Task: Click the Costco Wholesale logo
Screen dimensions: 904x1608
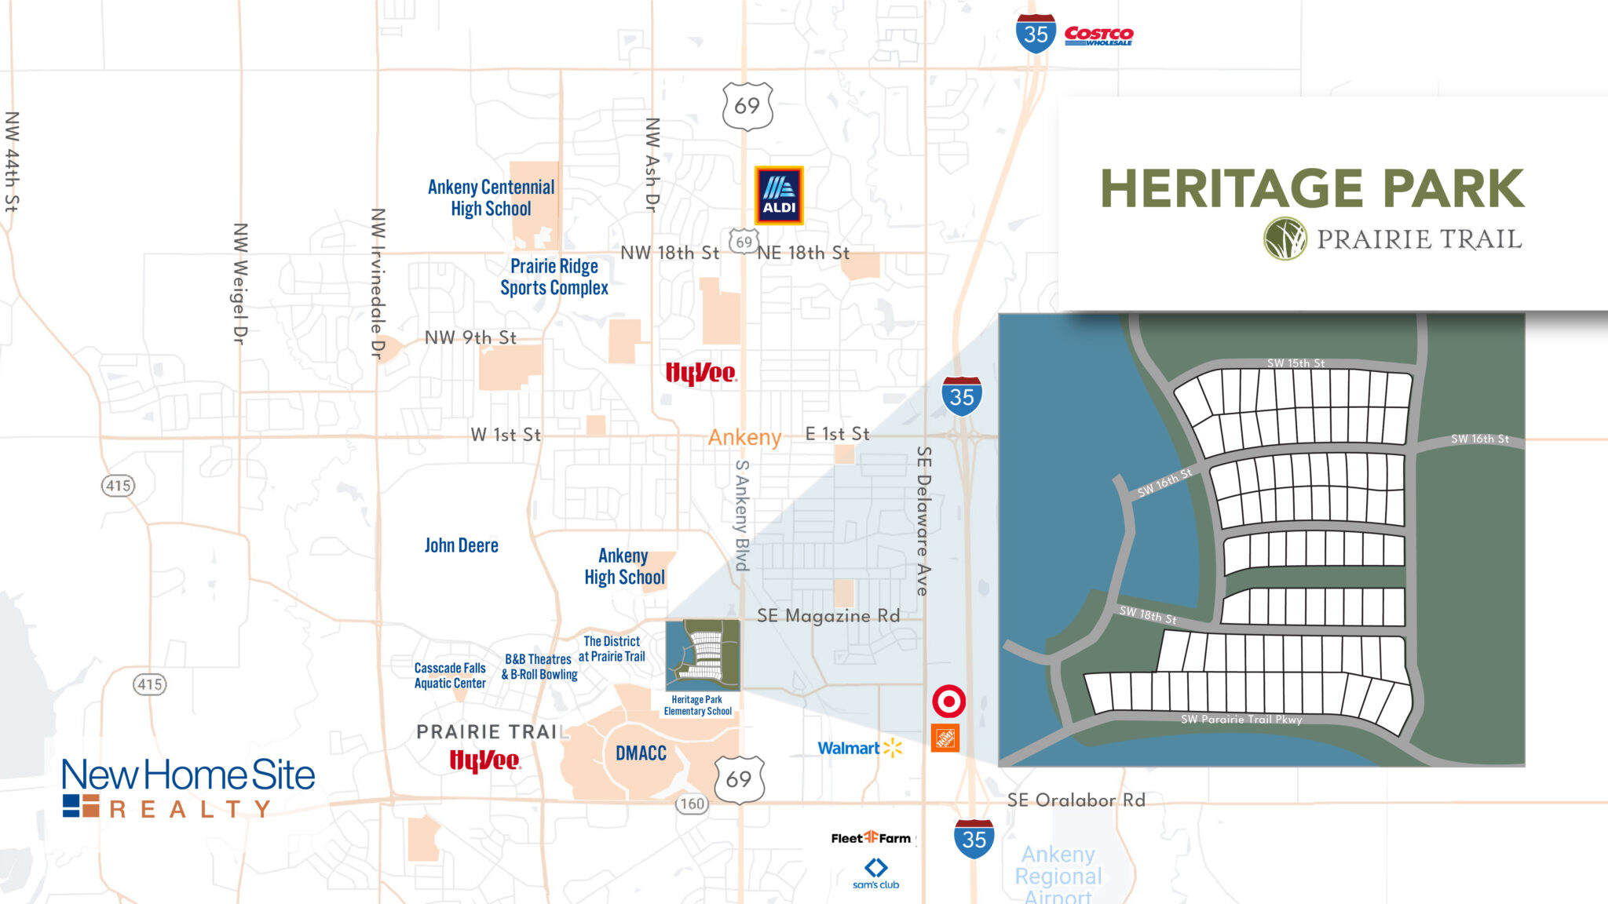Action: click(x=1098, y=35)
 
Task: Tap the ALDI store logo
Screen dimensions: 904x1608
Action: click(x=779, y=195)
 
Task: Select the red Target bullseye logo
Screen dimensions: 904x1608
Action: click(x=948, y=701)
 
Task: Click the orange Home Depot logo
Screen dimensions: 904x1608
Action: click(x=945, y=738)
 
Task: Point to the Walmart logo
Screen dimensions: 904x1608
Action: click(x=860, y=748)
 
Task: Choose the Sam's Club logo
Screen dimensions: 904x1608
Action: click(x=875, y=873)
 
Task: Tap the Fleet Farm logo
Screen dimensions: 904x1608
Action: click(x=871, y=838)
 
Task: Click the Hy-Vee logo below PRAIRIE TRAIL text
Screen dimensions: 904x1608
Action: click(x=484, y=760)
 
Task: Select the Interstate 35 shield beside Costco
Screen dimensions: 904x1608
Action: click(x=1036, y=34)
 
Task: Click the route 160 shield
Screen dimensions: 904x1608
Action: click(x=692, y=804)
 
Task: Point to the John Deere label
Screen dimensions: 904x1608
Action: click(x=461, y=545)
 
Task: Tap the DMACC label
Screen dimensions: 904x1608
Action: click(x=641, y=753)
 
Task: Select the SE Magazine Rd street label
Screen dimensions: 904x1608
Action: click(x=828, y=616)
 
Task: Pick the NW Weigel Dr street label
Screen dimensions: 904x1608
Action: click(x=240, y=283)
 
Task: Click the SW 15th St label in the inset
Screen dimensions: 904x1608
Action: click(x=1296, y=363)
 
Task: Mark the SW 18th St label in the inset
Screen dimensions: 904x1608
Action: click(x=1148, y=614)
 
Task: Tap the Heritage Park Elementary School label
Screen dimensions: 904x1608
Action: click(x=698, y=705)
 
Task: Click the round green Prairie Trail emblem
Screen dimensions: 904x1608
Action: click(x=1285, y=239)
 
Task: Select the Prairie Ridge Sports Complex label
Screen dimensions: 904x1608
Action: click(x=554, y=277)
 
